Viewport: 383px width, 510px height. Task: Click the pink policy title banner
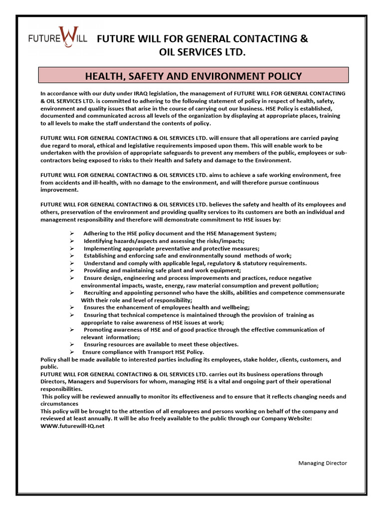click(x=193, y=76)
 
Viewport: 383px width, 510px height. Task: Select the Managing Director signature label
click(x=323, y=463)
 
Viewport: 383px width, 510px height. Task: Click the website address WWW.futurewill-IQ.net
click(x=72, y=426)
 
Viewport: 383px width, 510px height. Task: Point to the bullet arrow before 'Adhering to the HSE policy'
click(x=72, y=234)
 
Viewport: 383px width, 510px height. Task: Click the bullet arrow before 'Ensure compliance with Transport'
click(x=72, y=352)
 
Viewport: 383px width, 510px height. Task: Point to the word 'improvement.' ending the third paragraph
click(x=59, y=190)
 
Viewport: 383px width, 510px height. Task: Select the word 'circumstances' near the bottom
click(x=59, y=404)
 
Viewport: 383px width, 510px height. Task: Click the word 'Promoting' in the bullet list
click(x=98, y=330)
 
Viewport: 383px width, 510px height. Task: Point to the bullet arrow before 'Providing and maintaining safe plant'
click(x=72, y=270)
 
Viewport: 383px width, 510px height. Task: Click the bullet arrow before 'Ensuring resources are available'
click(x=72, y=345)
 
